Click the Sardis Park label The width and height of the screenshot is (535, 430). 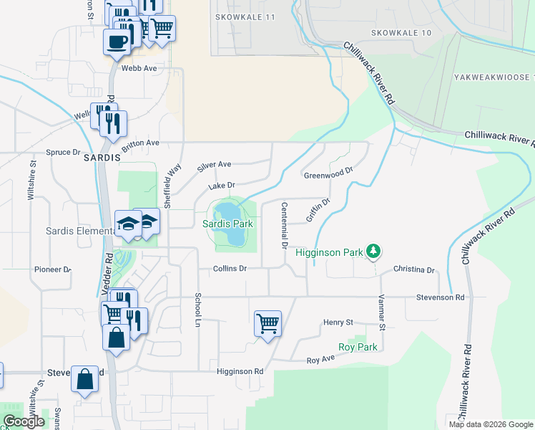228,224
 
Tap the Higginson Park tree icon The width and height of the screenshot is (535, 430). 373,251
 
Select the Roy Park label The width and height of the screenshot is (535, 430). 358,347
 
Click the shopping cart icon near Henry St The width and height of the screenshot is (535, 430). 267,324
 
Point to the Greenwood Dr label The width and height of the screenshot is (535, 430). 329,173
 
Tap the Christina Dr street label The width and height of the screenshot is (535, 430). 414,270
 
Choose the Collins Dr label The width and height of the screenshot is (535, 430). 230,269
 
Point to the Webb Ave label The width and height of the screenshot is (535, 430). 139,68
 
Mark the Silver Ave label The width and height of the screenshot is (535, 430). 215,166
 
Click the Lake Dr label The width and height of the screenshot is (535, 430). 222,186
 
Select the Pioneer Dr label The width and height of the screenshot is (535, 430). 53,269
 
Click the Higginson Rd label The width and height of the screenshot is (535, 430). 240,372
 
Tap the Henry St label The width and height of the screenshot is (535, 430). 338,322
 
